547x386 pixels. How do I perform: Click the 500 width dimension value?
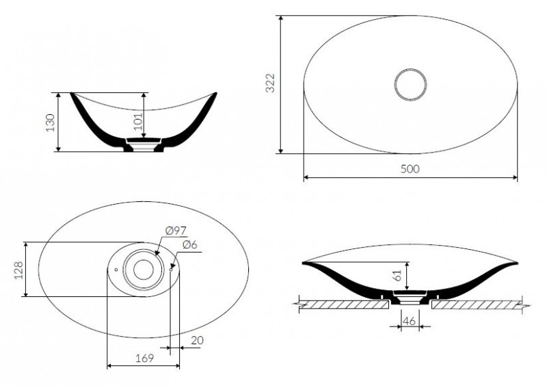[410, 169]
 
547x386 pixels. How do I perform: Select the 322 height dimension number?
[270, 83]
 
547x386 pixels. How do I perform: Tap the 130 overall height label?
[51, 123]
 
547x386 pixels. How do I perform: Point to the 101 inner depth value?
[139, 121]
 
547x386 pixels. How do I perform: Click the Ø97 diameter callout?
[176, 231]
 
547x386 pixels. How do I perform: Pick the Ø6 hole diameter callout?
[189, 244]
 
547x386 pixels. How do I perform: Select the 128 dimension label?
[18, 270]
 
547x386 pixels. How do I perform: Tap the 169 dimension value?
[144, 358]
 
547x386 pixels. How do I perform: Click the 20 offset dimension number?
[197, 341]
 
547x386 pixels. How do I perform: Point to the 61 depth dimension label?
[398, 276]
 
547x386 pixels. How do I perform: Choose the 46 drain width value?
[409, 321]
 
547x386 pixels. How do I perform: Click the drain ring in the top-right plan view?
[411, 69]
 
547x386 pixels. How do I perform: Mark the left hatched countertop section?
[344, 305]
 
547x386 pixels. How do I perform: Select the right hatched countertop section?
[477, 305]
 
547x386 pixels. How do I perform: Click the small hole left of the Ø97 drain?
[116, 270]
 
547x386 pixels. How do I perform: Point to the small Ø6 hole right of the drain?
[170, 270]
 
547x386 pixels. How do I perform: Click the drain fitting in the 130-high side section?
[144, 144]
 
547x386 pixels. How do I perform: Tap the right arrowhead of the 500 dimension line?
[515, 177]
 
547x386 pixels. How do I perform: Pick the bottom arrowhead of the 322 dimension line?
[281, 151]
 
